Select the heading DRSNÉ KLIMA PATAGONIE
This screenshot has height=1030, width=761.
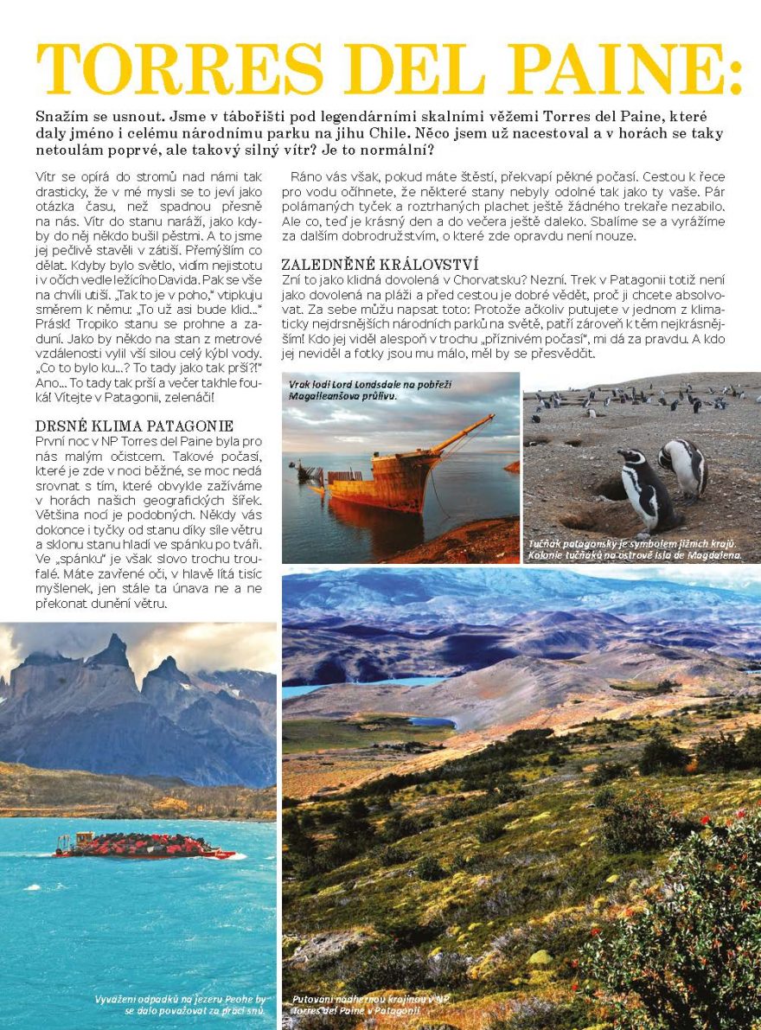[x=134, y=425]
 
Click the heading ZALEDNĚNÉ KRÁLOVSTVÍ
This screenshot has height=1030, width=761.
[x=380, y=264]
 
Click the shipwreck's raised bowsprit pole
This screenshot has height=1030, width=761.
[x=462, y=432]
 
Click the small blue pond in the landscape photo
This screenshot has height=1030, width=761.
[x=432, y=721]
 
